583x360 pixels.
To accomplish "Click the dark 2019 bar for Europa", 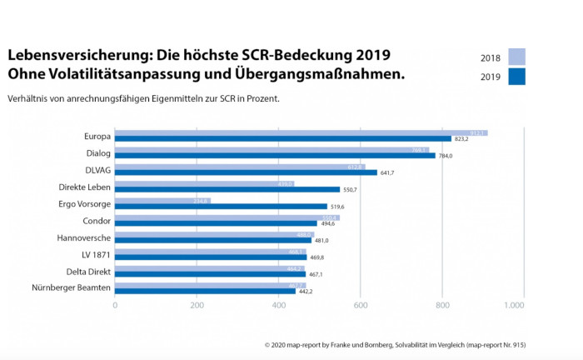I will pos(283,138).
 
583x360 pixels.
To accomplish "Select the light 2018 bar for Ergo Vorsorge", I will pos(162,201).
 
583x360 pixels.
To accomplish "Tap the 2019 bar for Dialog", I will pos(275,155).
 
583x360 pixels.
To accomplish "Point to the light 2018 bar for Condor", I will pos(227,217).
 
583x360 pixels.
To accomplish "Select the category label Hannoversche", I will pos(85,237).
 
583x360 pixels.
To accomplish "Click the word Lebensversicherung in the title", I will pos(69,55).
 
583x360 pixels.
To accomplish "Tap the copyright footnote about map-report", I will pos(395,344).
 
